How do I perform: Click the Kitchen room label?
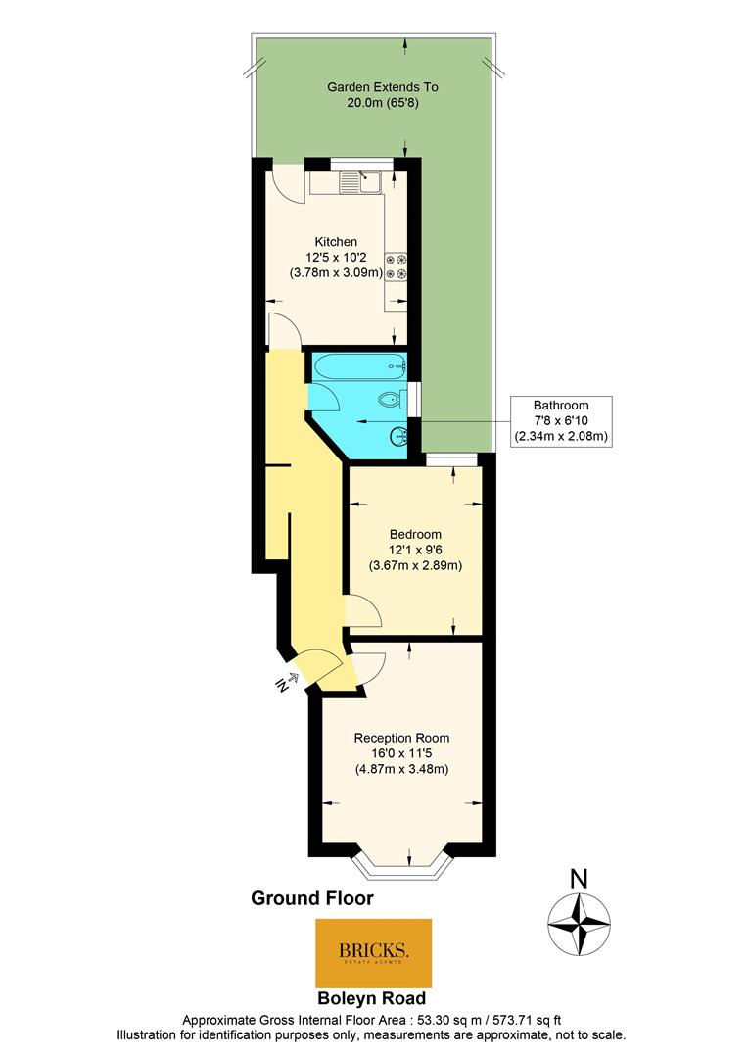336,242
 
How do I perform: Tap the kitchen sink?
361,182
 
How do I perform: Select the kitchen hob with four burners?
396,266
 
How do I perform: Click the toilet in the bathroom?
392,400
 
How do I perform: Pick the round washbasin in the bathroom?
398,437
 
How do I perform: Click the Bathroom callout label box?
561,421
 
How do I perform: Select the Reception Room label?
401,739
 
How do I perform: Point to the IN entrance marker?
286,683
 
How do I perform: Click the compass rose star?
579,923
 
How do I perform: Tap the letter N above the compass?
579,879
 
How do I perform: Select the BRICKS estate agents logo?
374,953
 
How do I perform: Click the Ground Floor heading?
312,898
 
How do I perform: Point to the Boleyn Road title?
372,998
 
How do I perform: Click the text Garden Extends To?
383,87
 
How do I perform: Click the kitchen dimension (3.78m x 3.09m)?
336,272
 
